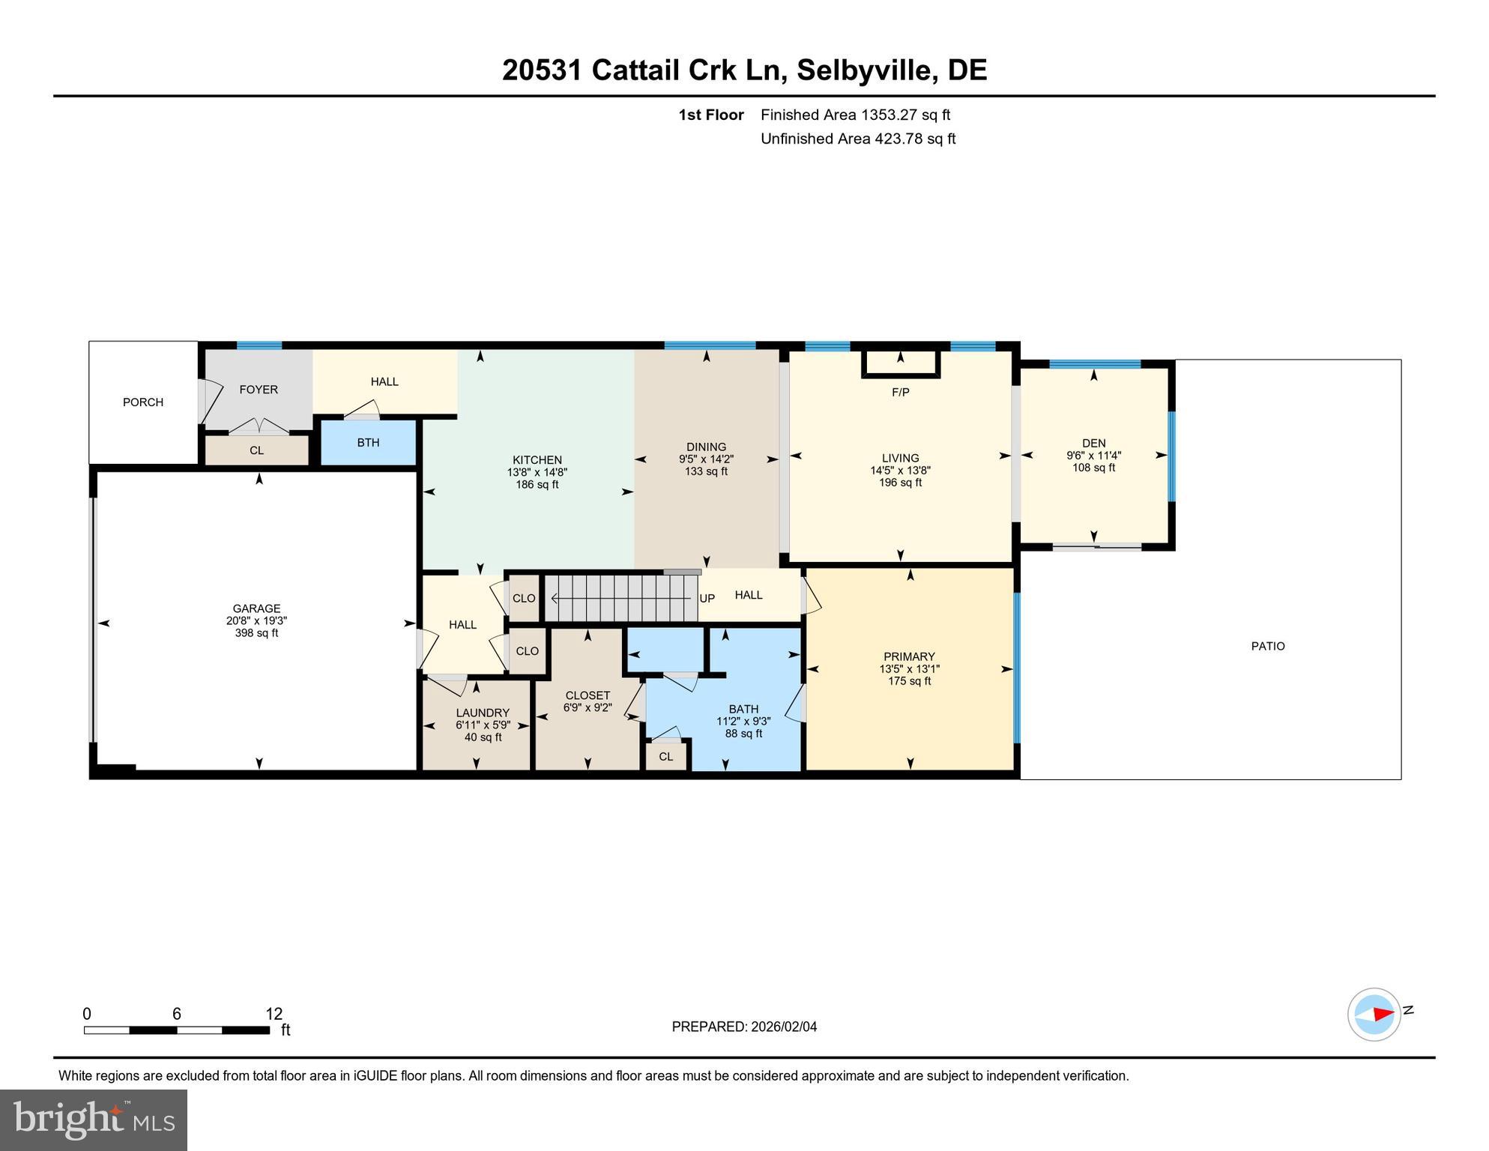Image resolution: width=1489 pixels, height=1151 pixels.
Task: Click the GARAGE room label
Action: point(256,608)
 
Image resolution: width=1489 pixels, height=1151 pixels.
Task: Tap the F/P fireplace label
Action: point(900,392)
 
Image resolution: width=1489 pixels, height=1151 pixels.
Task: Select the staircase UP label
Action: point(707,598)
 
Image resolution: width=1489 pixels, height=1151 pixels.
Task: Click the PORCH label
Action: point(143,402)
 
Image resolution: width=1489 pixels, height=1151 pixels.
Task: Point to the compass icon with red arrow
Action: point(1374,1015)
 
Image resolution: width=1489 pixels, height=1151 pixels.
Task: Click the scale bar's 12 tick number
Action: point(274,1014)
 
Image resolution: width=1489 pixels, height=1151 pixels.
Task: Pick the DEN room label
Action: point(1093,443)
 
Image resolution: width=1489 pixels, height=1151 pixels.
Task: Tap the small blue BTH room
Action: point(368,443)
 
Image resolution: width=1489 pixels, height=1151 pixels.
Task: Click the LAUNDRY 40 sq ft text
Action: point(483,737)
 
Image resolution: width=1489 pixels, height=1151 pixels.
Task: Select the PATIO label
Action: point(1267,646)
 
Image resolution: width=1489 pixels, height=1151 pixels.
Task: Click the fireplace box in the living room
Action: point(900,363)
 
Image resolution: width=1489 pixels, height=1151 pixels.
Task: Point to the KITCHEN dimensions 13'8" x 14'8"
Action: point(537,472)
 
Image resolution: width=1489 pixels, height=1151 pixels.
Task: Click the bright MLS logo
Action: point(94,1120)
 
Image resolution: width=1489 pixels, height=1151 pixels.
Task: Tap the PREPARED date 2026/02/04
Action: point(781,1027)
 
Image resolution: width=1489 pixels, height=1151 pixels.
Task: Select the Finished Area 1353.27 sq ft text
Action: point(855,115)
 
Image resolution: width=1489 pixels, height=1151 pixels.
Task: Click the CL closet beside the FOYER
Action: point(256,450)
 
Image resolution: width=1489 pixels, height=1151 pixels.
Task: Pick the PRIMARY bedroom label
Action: point(909,656)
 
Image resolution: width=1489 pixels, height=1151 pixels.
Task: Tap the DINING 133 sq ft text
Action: point(706,471)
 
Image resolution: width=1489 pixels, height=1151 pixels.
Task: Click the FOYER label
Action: point(259,390)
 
